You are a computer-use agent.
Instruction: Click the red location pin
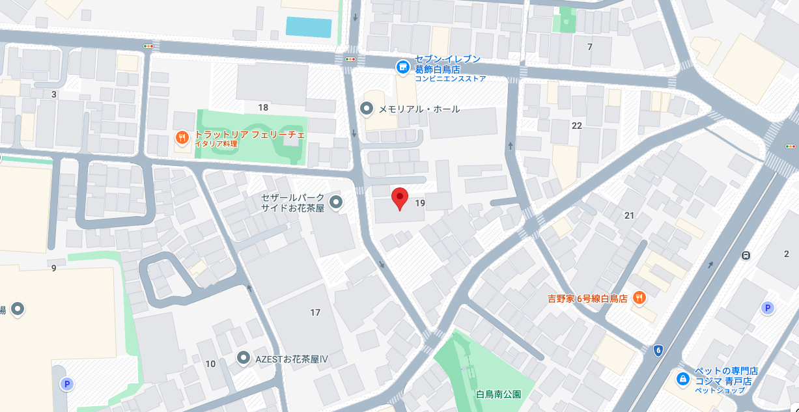point(399,198)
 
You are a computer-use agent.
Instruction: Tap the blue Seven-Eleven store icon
point(403,66)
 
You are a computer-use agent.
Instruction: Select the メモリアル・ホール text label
point(419,109)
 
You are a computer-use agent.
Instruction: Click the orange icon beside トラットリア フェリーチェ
point(182,138)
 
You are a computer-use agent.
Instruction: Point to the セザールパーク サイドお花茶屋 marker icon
point(336,202)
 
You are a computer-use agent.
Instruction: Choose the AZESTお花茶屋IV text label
point(292,358)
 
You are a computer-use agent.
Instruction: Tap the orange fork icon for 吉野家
point(639,298)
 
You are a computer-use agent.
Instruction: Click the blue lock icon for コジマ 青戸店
point(682,378)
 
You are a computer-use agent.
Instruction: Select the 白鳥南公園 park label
point(499,394)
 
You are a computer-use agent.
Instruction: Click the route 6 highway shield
point(658,350)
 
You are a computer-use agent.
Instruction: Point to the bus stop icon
point(746,255)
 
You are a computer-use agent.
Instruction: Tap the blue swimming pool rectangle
point(309,27)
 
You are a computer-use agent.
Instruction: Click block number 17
point(315,312)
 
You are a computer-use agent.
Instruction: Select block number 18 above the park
point(263,107)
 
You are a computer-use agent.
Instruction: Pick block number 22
point(576,126)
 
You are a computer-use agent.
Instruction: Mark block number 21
point(629,215)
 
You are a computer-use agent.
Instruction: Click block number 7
point(590,47)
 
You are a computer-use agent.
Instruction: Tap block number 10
point(210,364)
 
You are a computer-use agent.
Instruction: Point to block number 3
point(54,95)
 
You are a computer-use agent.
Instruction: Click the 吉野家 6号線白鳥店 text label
point(587,299)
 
